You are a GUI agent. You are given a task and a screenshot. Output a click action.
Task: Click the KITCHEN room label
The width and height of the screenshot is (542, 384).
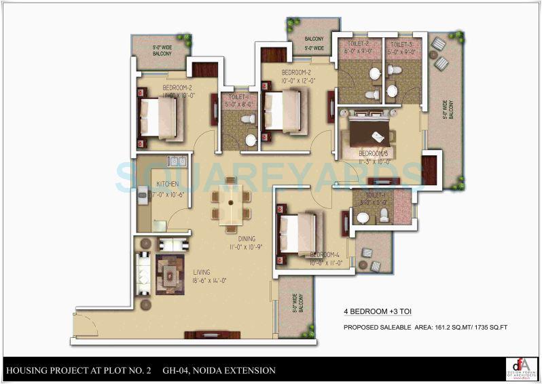pos(167,184)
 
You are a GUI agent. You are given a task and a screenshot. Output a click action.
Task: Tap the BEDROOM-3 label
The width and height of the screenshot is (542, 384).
pos(373,153)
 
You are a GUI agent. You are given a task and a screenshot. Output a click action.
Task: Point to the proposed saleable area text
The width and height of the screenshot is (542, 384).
pos(425,328)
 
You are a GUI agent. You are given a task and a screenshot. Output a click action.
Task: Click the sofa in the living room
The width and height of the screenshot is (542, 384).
pos(143,272)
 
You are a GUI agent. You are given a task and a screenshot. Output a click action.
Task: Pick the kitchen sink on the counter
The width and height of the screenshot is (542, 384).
pos(178,162)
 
